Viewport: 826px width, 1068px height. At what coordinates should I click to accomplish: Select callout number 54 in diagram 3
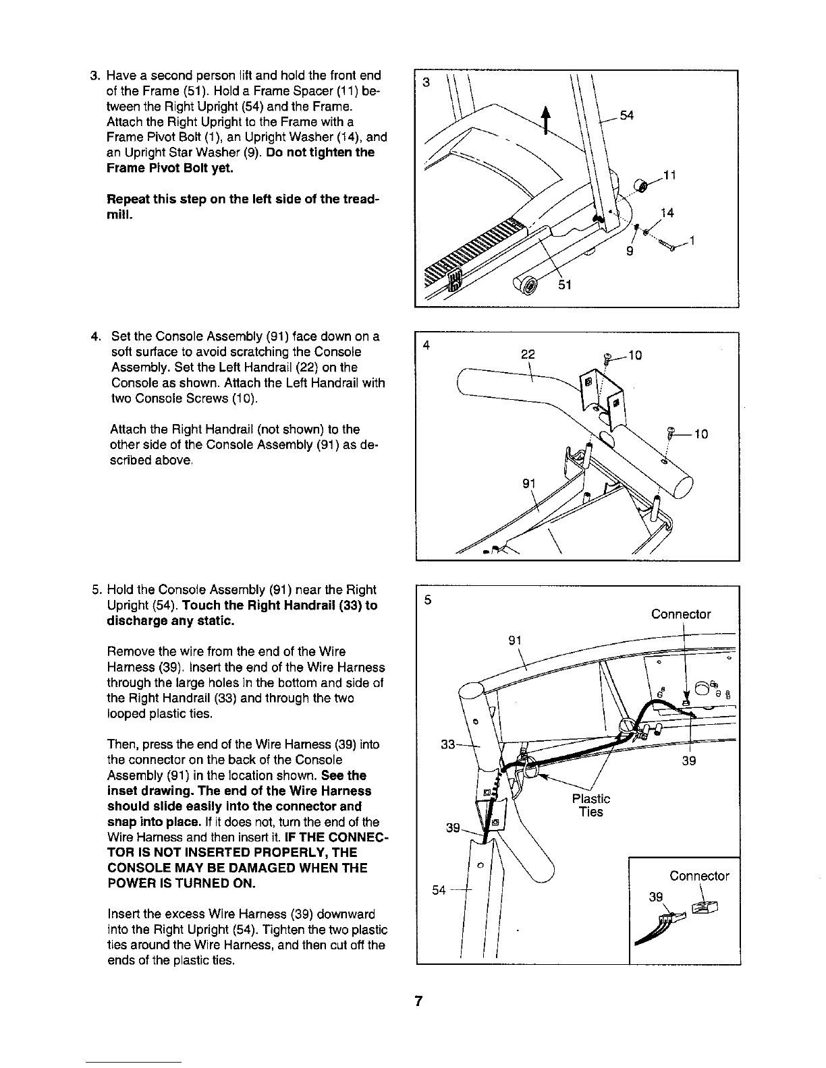pos(628,116)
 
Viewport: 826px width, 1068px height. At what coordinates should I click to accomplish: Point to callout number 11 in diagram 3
pos(669,177)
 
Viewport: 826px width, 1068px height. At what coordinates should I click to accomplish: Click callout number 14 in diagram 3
pos(668,214)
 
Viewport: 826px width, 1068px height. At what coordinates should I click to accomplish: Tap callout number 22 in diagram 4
pos(528,353)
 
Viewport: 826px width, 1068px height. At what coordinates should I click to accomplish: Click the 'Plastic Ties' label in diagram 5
pos(590,805)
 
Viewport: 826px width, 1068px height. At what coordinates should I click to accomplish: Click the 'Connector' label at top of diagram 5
pos(681,614)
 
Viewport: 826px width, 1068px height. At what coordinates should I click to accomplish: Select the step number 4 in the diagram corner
pos(426,346)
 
